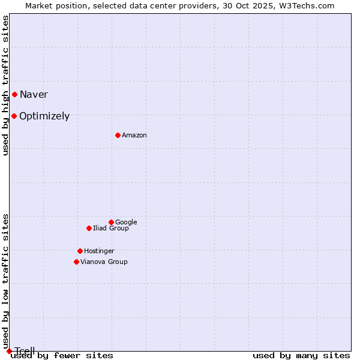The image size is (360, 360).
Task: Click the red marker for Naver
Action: (14, 94)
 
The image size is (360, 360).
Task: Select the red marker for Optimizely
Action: (14, 116)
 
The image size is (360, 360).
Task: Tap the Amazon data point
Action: (118, 135)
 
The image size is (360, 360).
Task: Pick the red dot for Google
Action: (111, 222)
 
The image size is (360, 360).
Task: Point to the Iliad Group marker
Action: (89, 228)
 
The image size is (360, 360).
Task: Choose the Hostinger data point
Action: (80, 251)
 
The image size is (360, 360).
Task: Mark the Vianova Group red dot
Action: (76, 262)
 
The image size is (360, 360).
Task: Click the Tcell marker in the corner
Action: (9, 351)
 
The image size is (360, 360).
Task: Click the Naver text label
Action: (34, 94)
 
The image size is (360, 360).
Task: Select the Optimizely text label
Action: (44, 116)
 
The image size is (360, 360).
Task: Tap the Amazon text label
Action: (134, 136)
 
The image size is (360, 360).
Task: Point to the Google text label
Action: (126, 222)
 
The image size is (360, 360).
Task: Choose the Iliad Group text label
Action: (111, 228)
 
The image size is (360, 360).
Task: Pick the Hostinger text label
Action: (99, 251)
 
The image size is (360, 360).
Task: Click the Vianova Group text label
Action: (104, 262)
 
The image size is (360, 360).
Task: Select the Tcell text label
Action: (25, 351)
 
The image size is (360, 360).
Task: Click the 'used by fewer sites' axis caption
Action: (62, 356)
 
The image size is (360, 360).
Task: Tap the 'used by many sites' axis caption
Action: (301, 356)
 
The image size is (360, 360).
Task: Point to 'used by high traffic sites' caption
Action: (5, 85)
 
